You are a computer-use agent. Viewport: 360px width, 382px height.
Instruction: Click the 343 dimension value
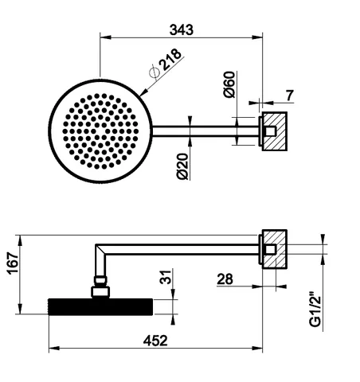coord(182,29)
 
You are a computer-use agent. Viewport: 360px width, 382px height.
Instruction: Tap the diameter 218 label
coord(166,63)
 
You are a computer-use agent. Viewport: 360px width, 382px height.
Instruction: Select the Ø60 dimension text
coord(229,84)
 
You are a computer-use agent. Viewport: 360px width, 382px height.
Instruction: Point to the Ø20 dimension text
coord(182,166)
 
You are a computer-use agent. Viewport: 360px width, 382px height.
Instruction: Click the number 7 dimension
coord(290,95)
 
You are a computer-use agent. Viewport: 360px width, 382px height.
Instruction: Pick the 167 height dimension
coord(13,263)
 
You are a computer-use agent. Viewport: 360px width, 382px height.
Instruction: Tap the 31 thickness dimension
coord(166,277)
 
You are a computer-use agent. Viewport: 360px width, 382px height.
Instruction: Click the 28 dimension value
coord(225,279)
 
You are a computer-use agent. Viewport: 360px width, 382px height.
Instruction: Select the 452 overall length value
coord(155,341)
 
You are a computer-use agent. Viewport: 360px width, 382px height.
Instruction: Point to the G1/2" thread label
coord(315,309)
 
